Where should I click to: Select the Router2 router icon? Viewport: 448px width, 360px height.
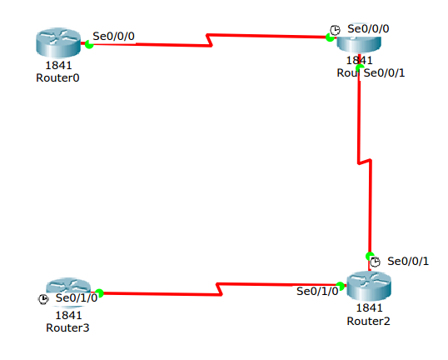click(x=367, y=287)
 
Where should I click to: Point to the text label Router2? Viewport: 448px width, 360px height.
click(x=368, y=320)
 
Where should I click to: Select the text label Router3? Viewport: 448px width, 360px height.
click(x=67, y=327)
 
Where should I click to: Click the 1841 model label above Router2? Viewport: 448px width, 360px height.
click(x=368, y=307)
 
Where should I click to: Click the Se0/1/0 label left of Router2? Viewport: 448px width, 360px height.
click(x=317, y=291)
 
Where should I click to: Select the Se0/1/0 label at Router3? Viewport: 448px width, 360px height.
click(x=77, y=298)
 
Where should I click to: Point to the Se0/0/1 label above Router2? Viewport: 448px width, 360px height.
click(x=408, y=261)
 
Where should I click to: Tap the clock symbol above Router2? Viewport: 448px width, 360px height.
click(x=376, y=262)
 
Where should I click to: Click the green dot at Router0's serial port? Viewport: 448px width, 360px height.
click(x=88, y=43)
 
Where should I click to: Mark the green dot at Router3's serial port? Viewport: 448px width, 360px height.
click(x=99, y=292)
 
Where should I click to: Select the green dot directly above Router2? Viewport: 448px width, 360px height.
click(x=368, y=255)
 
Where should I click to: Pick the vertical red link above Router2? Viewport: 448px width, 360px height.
click(x=360, y=125)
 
